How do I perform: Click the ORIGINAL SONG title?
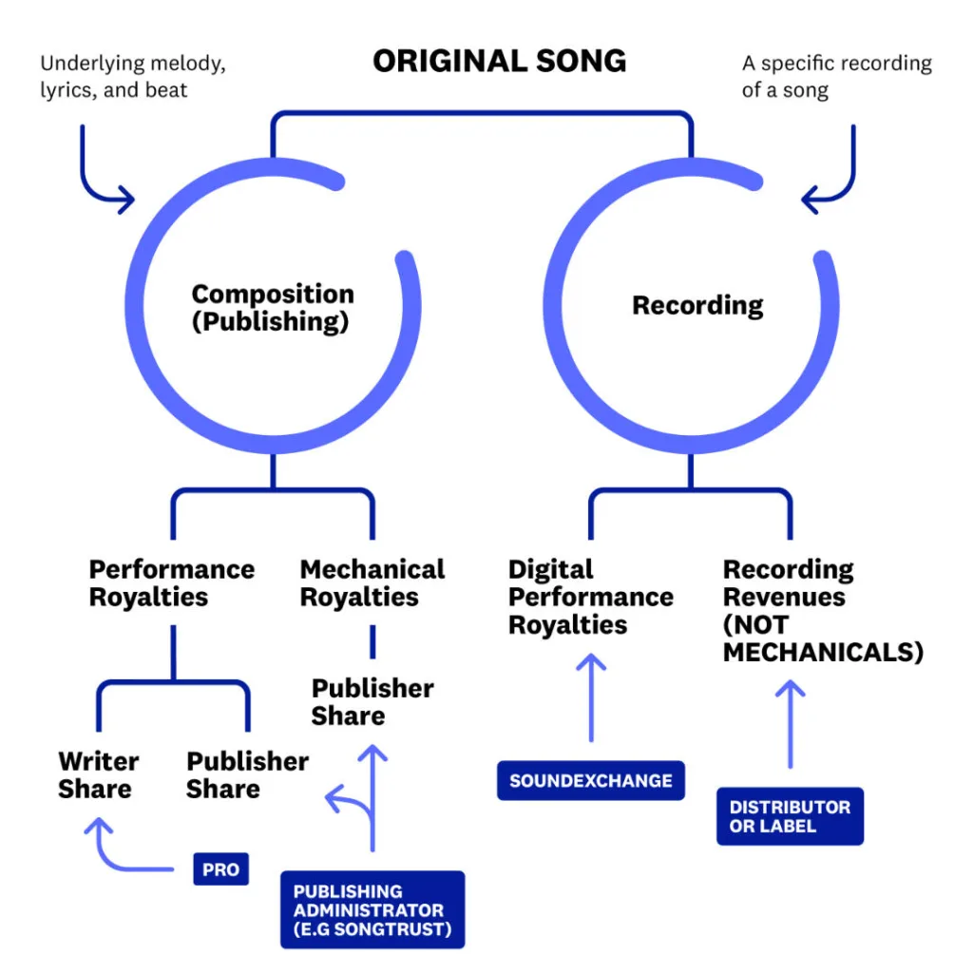click(x=499, y=61)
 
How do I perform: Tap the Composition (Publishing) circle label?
click(x=272, y=308)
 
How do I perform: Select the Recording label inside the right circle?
click(x=697, y=305)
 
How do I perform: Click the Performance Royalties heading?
click(x=172, y=582)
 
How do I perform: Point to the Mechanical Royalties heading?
click(x=372, y=582)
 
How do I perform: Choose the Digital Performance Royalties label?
click(x=590, y=597)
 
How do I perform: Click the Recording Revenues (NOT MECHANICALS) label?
click(x=823, y=610)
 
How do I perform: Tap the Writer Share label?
click(x=98, y=774)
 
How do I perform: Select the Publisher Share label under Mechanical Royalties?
click(x=372, y=701)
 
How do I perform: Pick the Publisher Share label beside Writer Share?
click(x=247, y=774)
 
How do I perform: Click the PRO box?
click(x=220, y=869)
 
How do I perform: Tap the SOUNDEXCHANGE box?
click(x=590, y=781)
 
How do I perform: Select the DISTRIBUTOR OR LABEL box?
click(x=790, y=816)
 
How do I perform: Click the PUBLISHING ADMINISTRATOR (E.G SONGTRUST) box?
click(x=372, y=909)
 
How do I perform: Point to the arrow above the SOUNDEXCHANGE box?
click(x=591, y=698)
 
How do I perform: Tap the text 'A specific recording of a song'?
click(x=836, y=77)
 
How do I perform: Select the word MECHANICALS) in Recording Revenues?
click(x=823, y=652)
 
